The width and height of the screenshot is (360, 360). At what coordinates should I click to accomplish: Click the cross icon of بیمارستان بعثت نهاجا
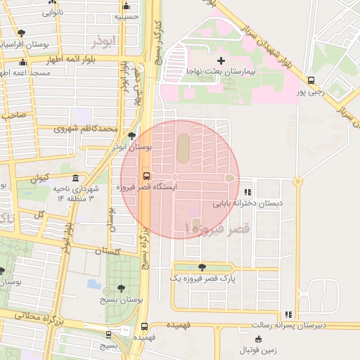click(x=221, y=61)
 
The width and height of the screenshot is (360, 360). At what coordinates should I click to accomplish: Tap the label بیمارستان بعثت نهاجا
click(x=222, y=72)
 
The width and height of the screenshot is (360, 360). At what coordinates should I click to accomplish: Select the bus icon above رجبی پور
click(x=311, y=81)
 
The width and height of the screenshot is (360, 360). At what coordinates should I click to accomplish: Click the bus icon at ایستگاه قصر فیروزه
click(x=146, y=176)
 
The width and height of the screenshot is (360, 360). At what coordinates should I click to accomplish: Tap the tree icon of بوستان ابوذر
click(x=132, y=136)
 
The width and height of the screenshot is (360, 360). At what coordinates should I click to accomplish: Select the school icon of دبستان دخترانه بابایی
click(x=247, y=191)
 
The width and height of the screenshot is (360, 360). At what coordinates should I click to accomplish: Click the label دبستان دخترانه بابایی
click(x=247, y=203)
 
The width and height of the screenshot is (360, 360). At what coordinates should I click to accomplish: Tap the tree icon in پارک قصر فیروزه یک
click(x=202, y=266)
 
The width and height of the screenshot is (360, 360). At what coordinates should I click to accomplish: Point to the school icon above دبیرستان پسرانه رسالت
click(x=288, y=314)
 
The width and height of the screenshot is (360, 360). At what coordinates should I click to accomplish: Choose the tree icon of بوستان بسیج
click(x=122, y=288)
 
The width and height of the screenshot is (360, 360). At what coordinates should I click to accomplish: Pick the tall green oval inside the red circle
click(x=182, y=147)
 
